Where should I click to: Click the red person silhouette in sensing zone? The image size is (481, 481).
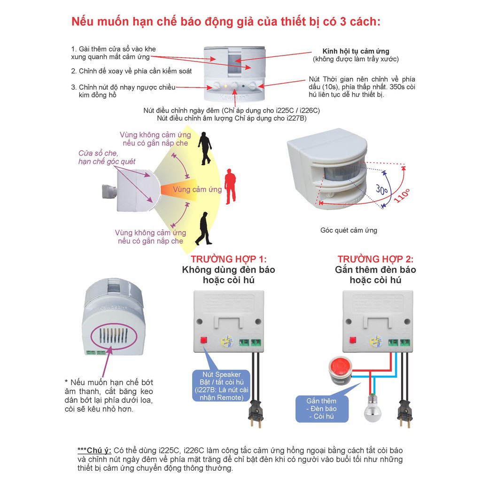coord(230,186)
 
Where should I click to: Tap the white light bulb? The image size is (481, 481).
coord(372,410)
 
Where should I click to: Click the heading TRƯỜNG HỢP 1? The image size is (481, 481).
coord(228,259)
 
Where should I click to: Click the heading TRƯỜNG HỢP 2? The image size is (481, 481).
coord(375,259)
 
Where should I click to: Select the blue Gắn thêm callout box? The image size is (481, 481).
coord(321,408)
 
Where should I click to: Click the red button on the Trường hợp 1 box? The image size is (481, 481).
coord(204,340)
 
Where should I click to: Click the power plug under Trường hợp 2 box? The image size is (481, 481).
coord(404,413)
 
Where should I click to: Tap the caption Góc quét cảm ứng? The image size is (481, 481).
coord(349,230)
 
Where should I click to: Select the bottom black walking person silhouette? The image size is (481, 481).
coord(203,229)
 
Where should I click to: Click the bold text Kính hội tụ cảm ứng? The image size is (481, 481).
coord(356,51)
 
